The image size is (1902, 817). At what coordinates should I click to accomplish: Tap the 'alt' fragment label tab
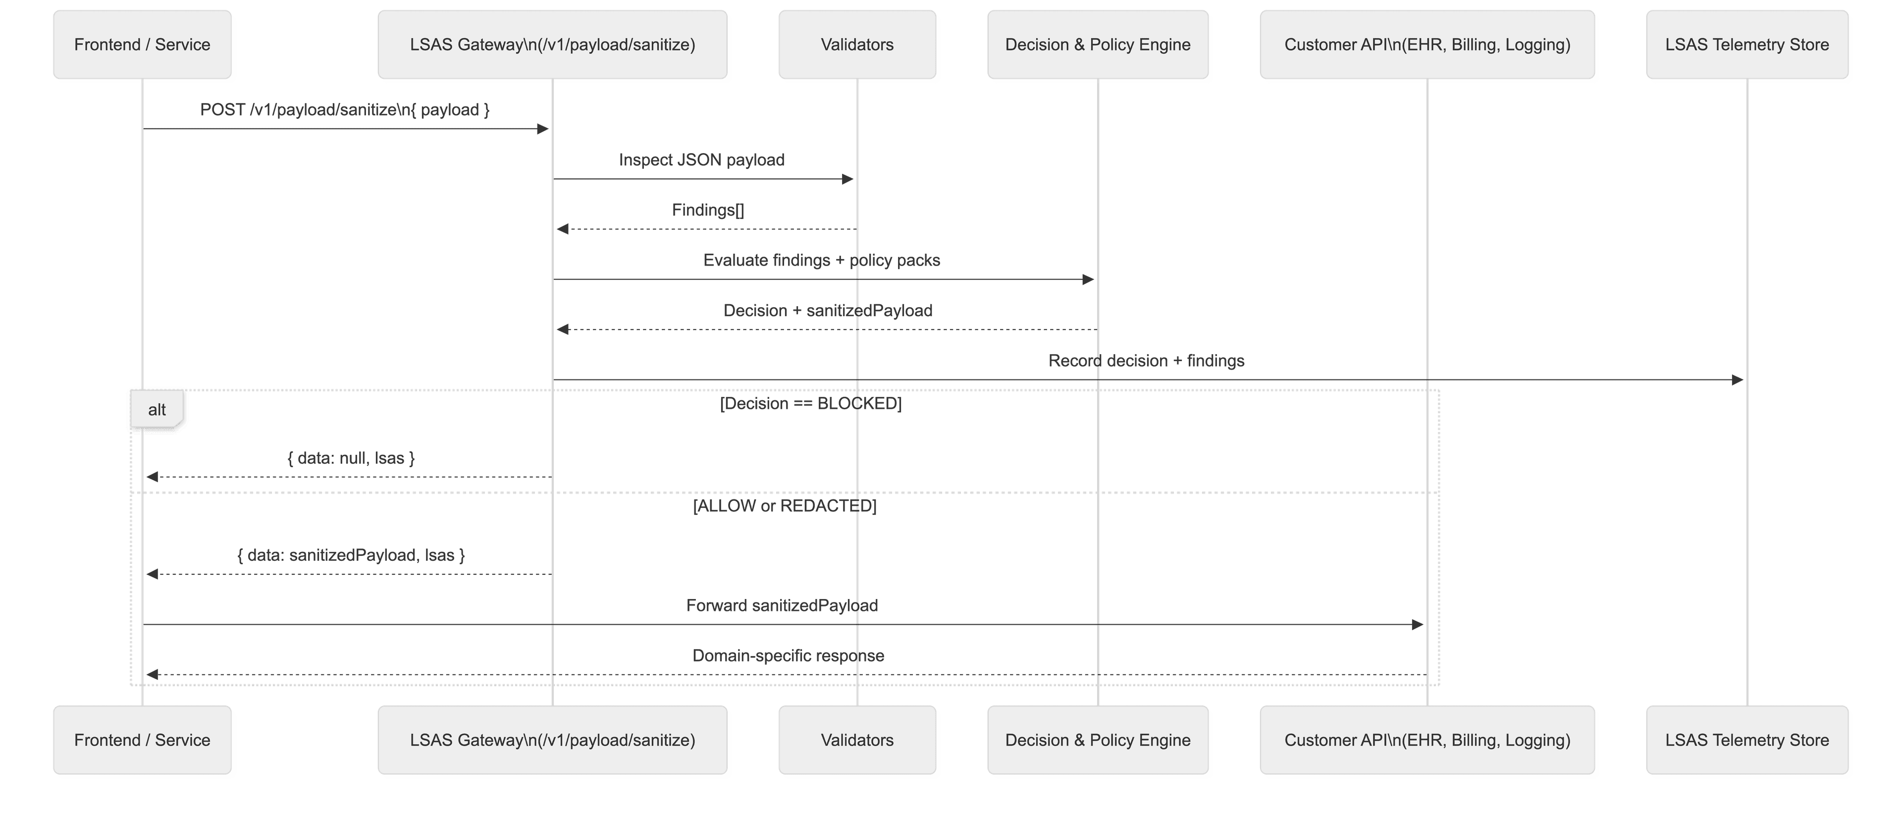click(157, 410)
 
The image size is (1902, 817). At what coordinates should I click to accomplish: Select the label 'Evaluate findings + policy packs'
click(821, 260)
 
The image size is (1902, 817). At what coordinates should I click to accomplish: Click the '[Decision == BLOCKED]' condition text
click(810, 403)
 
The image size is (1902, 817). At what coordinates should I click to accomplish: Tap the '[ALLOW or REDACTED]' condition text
click(784, 506)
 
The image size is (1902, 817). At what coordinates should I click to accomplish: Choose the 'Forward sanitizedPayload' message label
click(782, 606)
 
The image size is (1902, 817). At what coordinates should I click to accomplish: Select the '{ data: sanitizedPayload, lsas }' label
click(351, 555)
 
